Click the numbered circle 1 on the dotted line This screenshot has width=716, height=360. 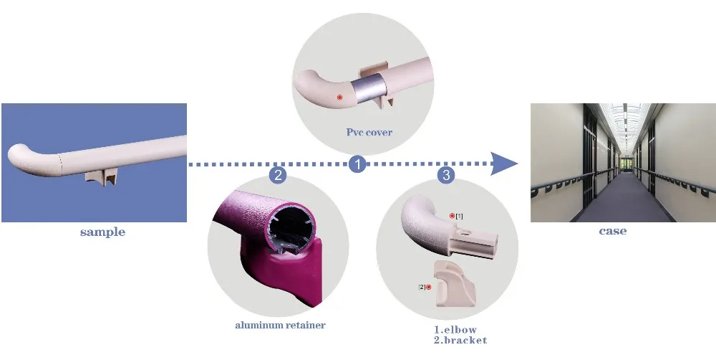[x=357, y=164]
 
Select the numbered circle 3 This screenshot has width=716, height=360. [x=445, y=174]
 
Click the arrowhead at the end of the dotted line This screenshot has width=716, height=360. [x=506, y=164]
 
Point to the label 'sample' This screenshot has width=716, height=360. [x=102, y=232]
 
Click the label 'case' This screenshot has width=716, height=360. [x=612, y=231]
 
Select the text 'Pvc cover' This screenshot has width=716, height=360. [x=369, y=132]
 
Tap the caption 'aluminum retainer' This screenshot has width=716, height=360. [x=280, y=325]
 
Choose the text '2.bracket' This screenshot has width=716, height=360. [x=460, y=339]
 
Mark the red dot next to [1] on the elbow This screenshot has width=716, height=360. [x=452, y=215]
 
